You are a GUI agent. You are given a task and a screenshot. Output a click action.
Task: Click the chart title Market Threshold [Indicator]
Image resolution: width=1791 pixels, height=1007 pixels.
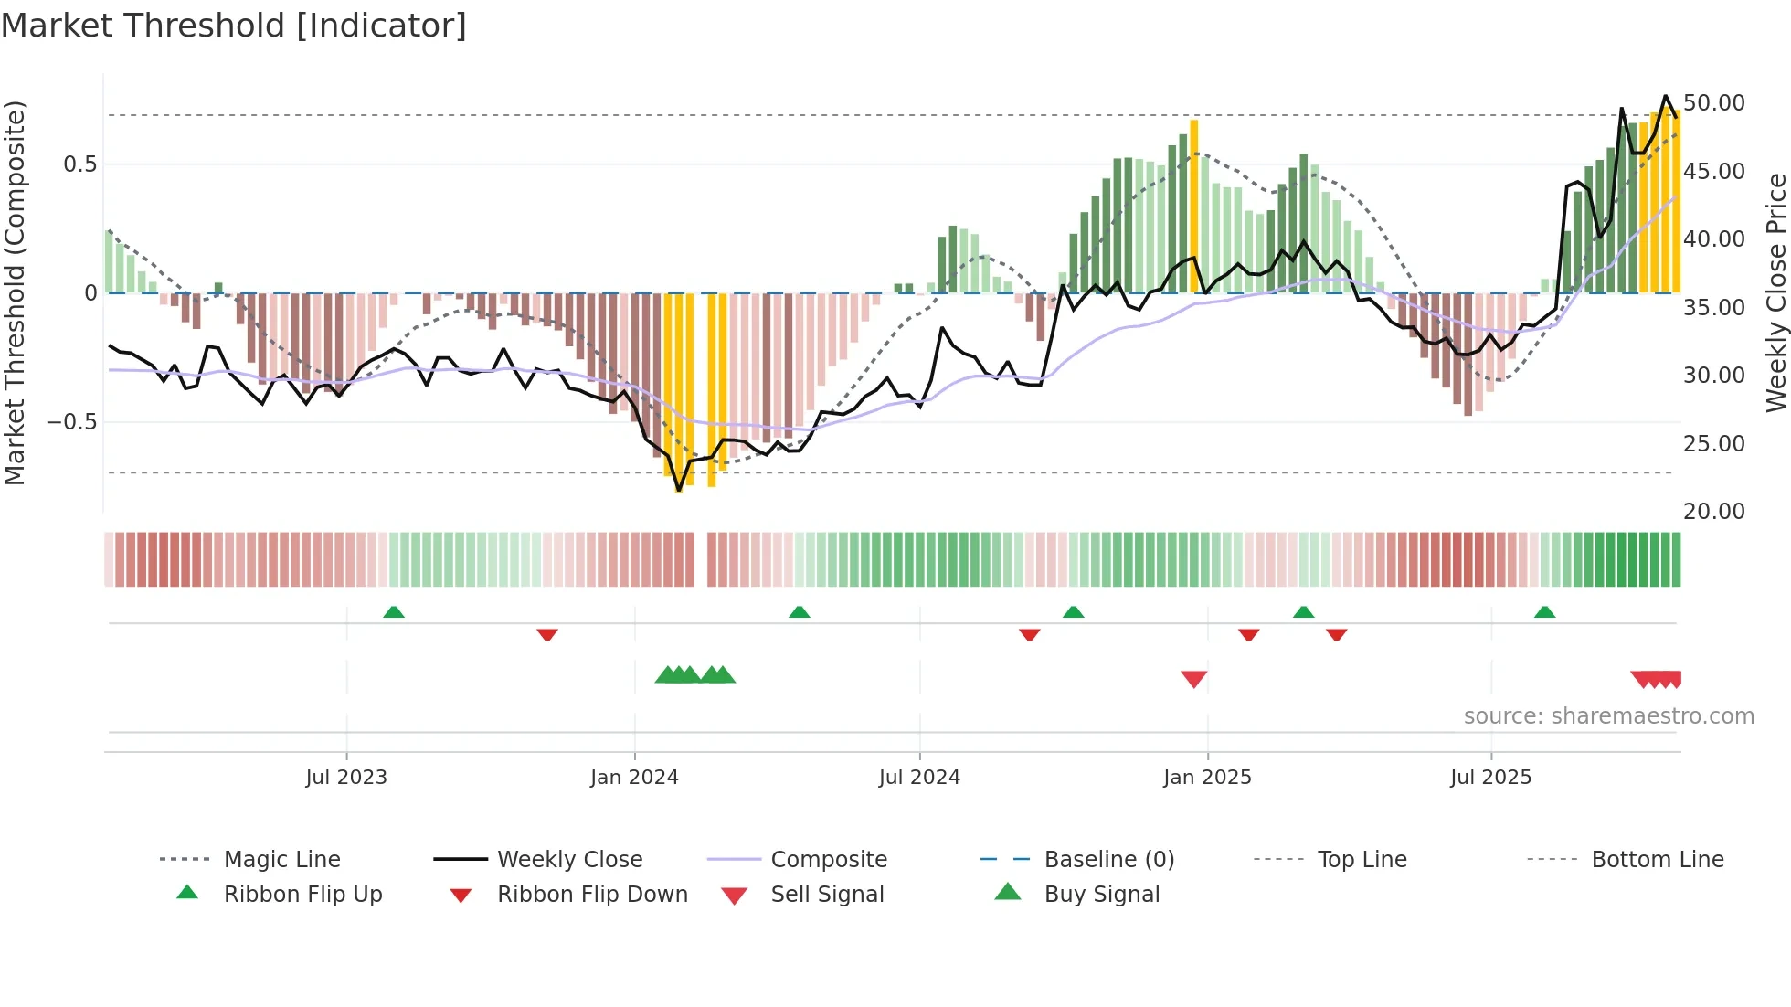234,26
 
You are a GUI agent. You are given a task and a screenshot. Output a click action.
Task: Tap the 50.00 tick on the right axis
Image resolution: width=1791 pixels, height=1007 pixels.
1713,103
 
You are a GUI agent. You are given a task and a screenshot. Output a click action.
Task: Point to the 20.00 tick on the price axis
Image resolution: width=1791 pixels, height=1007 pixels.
1713,512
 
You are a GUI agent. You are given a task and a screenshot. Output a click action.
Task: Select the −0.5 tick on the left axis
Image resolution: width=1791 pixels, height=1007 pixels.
71,422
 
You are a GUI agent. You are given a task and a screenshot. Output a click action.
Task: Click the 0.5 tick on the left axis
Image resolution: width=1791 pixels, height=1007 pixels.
79,164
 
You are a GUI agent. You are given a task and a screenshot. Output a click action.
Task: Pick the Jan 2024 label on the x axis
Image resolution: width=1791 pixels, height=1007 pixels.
634,778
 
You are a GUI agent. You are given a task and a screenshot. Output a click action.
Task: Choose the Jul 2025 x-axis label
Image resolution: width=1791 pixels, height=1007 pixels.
1490,778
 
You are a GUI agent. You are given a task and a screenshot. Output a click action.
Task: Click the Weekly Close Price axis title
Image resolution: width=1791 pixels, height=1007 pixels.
1775,292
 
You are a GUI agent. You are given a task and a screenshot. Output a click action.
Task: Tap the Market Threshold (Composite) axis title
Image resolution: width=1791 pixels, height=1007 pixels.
15,292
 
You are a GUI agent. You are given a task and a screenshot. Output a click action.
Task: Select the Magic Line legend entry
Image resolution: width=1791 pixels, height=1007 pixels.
281,860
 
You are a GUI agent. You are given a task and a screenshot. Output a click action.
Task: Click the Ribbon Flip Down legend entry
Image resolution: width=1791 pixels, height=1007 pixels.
592,895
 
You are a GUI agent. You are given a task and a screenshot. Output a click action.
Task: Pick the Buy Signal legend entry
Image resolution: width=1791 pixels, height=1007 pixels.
1101,895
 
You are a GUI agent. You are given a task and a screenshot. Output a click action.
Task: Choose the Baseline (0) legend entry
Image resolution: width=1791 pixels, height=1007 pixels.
1108,860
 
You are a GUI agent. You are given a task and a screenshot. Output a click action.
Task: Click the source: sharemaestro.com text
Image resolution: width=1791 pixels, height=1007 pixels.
1608,716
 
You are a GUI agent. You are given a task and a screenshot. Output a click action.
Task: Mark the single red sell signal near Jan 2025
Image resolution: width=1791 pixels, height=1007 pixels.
1193,679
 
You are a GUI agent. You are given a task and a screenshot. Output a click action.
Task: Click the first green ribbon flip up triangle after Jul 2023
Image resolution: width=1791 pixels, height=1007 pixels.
394,612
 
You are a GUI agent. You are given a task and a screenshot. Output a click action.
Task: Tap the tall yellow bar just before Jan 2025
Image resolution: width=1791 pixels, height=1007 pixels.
1193,206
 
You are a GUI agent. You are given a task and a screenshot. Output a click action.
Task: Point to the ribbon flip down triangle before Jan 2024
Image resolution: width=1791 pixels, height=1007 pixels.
547,634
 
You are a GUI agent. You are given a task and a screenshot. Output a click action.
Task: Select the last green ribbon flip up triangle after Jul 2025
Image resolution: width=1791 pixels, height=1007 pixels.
1544,612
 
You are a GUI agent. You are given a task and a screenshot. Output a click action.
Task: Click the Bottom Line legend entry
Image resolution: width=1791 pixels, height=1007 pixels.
1657,860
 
